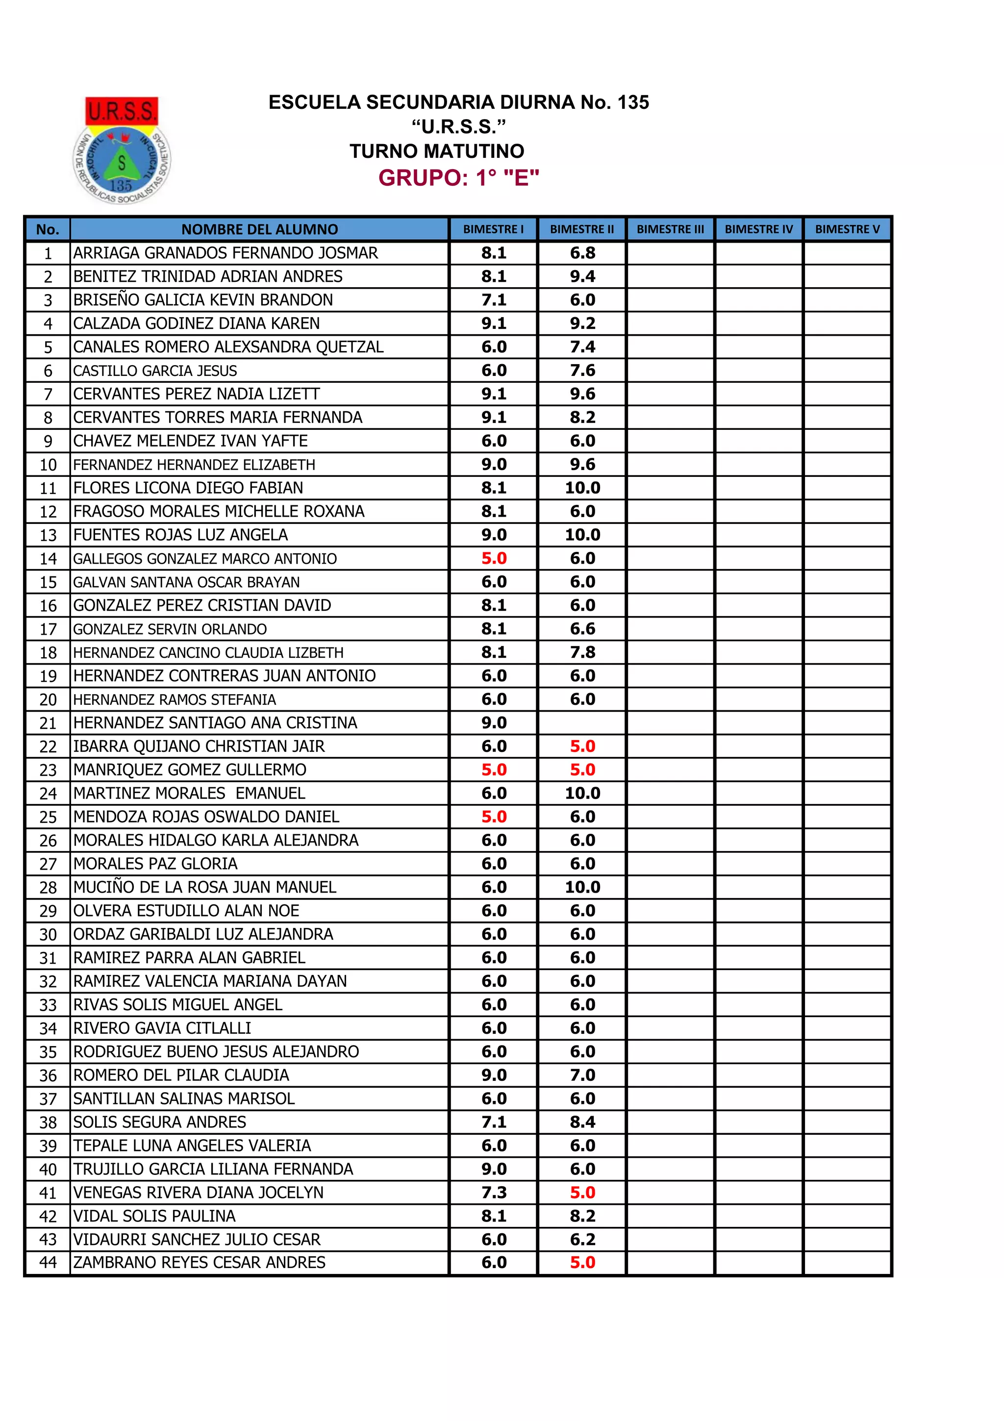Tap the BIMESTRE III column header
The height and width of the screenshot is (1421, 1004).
(x=670, y=229)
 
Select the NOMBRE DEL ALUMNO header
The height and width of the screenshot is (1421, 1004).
(x=259, y=229)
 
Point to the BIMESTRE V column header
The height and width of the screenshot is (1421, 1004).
(x=846, y=229)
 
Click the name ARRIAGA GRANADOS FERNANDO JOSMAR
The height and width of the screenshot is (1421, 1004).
(x=226, y=253)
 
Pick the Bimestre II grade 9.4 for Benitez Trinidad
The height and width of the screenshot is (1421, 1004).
(x=582, y=276)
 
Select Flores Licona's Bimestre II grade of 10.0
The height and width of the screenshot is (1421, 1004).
(x=582, y=488)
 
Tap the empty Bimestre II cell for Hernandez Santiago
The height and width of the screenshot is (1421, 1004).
(x=582, y=723)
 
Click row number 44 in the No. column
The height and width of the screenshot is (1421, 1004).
(x=48, y=1263)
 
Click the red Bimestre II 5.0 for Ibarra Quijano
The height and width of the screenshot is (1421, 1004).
(x=582, y=747)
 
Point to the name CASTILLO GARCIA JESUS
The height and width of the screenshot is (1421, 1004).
(x=155, y=371)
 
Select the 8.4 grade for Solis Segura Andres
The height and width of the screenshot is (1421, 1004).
(x=582, y=1122)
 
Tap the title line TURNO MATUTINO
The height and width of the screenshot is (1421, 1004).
(x=436, y=151)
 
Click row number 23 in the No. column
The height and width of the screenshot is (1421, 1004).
(x=48, y=770)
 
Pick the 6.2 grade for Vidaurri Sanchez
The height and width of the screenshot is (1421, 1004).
(x=582, y=1240)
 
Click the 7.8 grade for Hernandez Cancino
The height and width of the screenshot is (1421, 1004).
(x=582, y=652)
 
